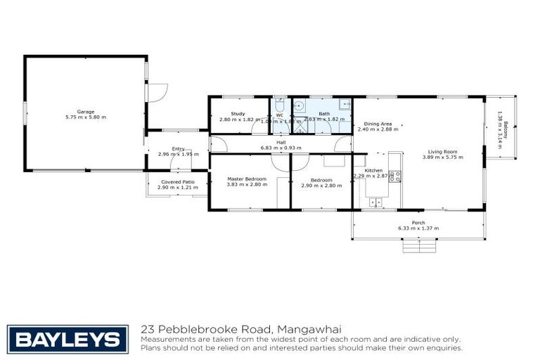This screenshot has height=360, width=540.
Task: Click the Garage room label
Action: (x=86, y=111)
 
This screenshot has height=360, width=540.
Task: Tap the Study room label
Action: (x=238, y=113)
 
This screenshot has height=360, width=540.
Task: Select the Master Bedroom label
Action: (x=246, y=179)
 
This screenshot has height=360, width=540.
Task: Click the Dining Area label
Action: (x=377, y=124)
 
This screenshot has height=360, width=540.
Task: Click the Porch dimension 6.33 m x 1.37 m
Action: (x=418, y=229)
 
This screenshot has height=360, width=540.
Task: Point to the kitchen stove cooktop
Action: (x=395, y=176)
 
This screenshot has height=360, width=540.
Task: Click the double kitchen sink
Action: (x=375, y=202)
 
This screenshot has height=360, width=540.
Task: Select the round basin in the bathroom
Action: (x=300, y=106)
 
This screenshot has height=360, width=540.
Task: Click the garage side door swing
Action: (x=160, y=93)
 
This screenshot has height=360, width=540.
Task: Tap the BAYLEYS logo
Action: (x=67, y=338)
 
